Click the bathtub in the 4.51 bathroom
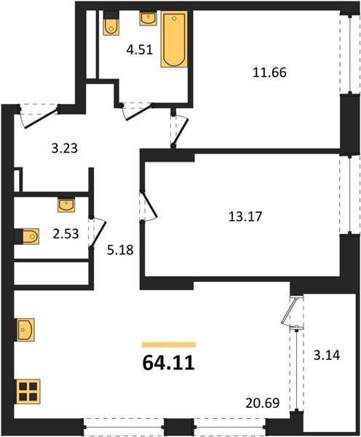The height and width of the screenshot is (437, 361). coord(174,39)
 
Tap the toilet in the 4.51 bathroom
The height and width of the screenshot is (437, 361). coord(111,23)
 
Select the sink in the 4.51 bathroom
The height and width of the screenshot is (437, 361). coord(148,18)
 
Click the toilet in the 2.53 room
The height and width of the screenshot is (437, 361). coord(27,236)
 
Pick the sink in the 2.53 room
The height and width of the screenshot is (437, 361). coord(66,205)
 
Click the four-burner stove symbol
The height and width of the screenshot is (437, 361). coord(28,391)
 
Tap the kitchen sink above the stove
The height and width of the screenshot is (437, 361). coord(25,330)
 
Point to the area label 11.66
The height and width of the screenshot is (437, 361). coord(269,72)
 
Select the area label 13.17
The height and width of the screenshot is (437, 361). coord(245,216)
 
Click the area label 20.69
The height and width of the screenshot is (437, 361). coord(263,403)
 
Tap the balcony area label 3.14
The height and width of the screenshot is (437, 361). coord(327,355)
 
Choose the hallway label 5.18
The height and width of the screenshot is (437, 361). coord(120,250)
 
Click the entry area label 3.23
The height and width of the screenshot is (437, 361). coord(65,149)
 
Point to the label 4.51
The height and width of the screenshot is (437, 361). coord(140,50)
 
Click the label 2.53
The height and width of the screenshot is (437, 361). coord(66,234)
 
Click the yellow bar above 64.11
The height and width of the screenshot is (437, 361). coord(169,345)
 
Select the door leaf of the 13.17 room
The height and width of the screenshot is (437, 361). coord(150,203)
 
